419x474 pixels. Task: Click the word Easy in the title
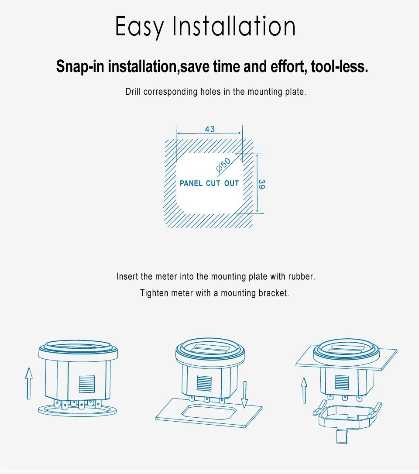(x=139, y=27)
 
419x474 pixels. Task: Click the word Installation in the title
(x=234, y=26)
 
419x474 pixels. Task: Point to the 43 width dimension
(x=210, y=129)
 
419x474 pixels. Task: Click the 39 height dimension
(x=261, y=184)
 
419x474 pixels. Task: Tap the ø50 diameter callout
(x=223, y=165)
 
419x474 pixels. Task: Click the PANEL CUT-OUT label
(x=209, y=183)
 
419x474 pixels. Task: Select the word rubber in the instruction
(x=302, y=277)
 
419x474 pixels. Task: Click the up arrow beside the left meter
(x=29, y=383)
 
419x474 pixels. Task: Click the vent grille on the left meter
(x=87, y=384)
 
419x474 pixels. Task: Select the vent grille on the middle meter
(x=204, y=383)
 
